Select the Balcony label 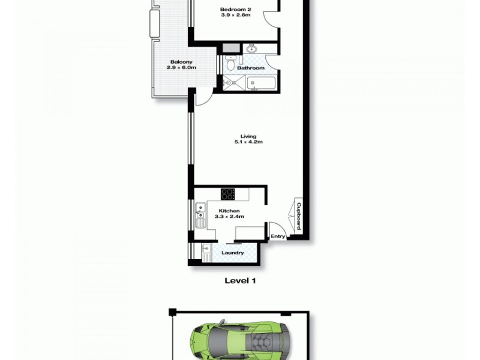pos(181,62)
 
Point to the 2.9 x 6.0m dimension pos(181,68)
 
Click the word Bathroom pos(251,68)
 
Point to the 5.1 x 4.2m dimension pos(248,143)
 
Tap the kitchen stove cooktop pos(228,194)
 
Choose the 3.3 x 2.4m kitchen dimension pos(231,217)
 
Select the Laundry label pos(233,253)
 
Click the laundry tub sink pos(206,250)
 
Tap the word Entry pos(278,236)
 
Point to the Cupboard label pos(298,215)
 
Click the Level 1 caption pos(240,280)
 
